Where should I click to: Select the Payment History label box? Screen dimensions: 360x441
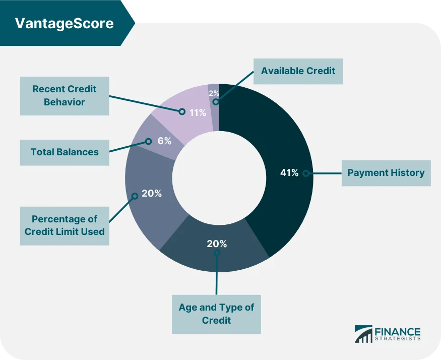(386, 173)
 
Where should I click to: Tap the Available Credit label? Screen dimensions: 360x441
(298, 71)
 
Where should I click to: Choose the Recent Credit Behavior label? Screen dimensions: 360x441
(65, 95)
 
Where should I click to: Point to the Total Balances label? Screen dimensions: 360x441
(65, 152)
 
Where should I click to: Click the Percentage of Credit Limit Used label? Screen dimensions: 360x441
(65, 225)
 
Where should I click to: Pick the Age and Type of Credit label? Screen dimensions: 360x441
(216, 314)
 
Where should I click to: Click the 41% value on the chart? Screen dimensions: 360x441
(289, 173)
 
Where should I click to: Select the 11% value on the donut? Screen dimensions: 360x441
(197, 112)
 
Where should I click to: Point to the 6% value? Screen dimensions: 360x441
(164, 142)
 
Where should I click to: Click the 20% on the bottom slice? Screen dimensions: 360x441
(217, 244)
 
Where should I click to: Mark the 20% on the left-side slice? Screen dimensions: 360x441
(151, 193)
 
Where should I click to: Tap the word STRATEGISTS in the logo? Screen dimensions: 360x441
(397, 340)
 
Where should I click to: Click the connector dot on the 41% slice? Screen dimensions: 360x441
(305, 173)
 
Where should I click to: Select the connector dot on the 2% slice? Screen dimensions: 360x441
(215, 102)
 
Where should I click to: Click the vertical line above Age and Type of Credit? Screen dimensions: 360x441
(216, 275)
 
